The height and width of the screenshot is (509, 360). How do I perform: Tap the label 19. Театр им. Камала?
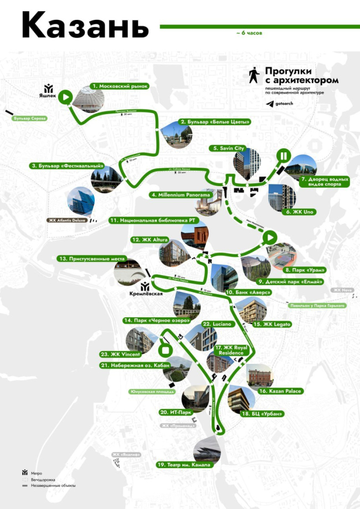(x=183, y=465)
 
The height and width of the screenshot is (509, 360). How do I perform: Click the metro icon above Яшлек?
(x=49, y=88)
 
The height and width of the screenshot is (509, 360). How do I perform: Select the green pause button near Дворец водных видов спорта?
(x=282, y=156)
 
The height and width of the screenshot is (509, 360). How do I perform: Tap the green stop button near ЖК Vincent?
(x=164, y=350)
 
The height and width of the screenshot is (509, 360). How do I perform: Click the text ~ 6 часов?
(x=249, y=33)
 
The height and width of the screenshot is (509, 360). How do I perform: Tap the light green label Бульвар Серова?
(x=30, y=119)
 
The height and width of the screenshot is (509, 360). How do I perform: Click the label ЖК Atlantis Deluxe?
(x=66, y=220)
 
